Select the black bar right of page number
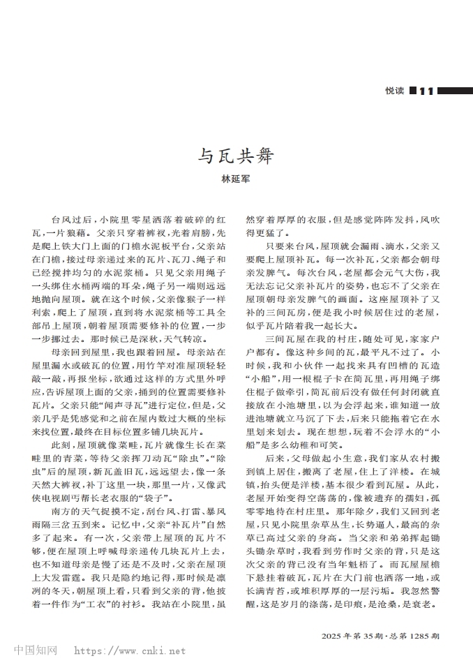pyautogui.click(x=453, y=90)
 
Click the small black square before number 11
pyautogui.click(x=413, y=90)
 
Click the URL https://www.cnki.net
pyautogui.click(x=130, y=651)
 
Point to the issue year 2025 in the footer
pyautogui.click(x=333, y=636)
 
